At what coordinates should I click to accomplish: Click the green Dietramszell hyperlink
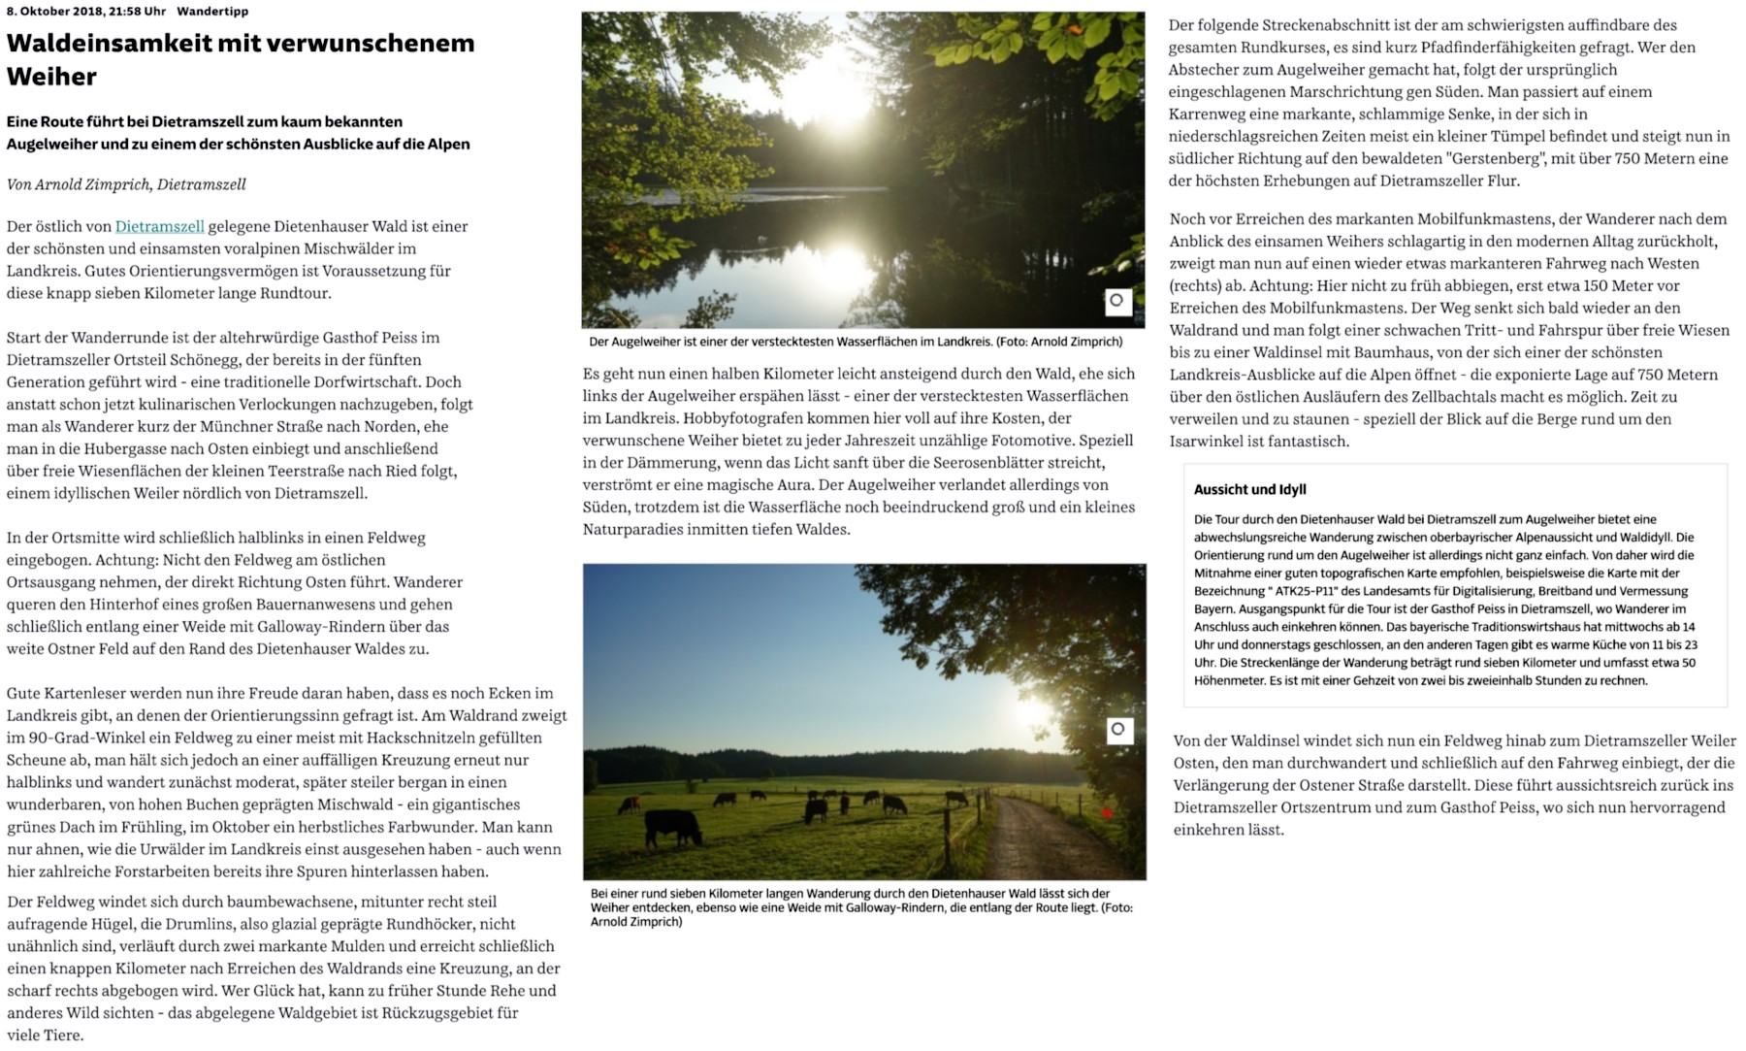coord(159,226)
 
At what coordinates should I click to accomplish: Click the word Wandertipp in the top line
coord(212,12)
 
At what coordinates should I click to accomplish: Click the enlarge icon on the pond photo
coord(1117,301)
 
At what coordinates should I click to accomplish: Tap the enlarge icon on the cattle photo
coord(1119,730)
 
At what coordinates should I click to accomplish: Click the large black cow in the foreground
coord(672,826)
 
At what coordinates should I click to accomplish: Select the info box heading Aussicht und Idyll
coord(1249,490)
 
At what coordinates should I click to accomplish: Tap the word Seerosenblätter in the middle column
coord(971,463)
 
